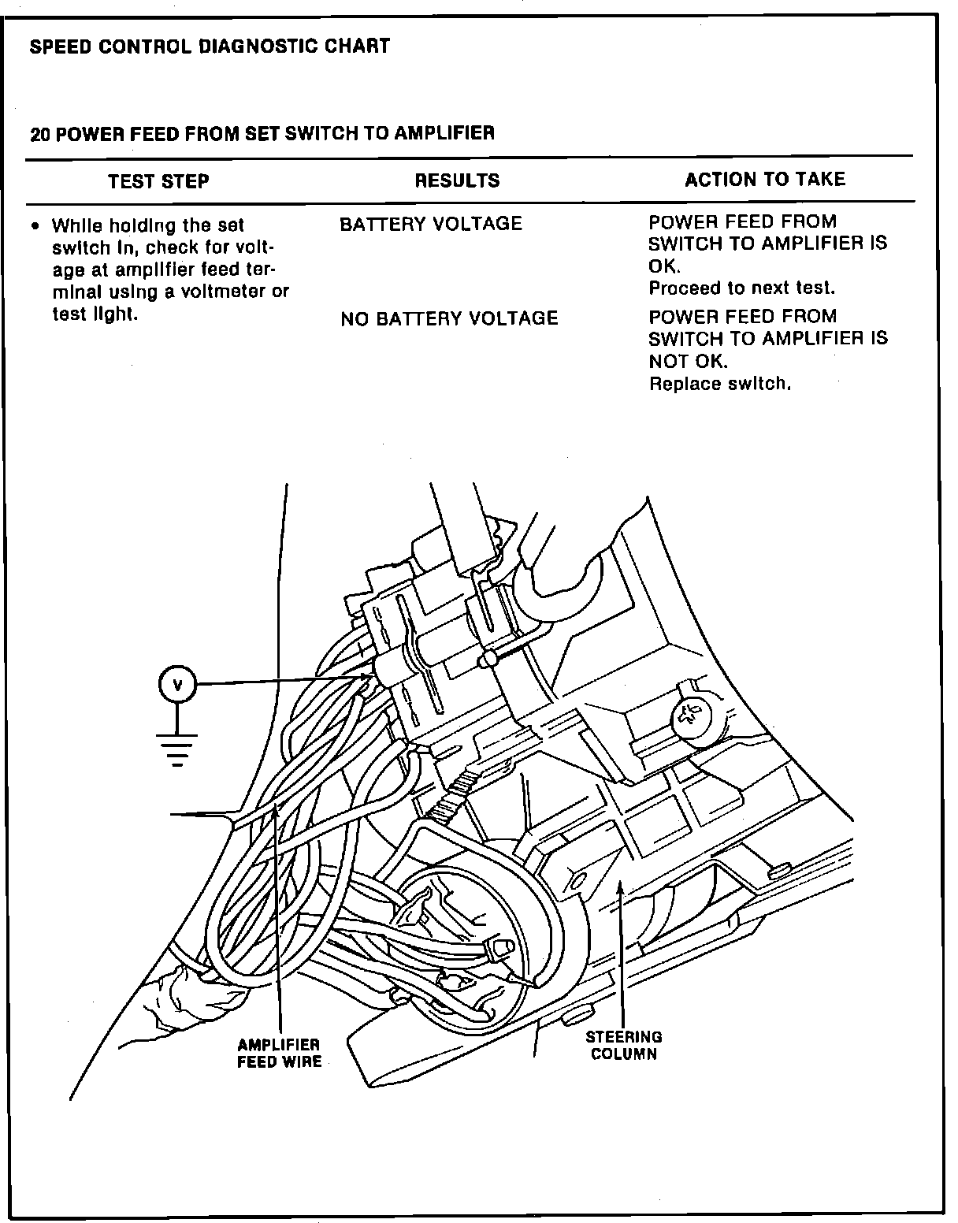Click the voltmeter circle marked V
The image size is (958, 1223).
(177, 685)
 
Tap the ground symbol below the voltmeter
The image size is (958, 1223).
(177, 748)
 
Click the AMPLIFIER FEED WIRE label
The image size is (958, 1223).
(279, 1053)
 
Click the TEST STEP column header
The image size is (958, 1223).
(158, 182)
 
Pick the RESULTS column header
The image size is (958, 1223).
(457, 180)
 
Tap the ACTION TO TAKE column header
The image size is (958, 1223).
(764, 180)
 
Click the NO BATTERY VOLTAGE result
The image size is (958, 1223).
(449, 318)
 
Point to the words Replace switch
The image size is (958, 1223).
(719, 385)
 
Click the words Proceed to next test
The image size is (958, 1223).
(741, 288)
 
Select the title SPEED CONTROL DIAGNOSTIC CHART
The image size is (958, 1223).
(210, 46)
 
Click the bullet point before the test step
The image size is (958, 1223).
(35, 226)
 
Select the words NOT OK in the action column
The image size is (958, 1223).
(688, 361)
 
